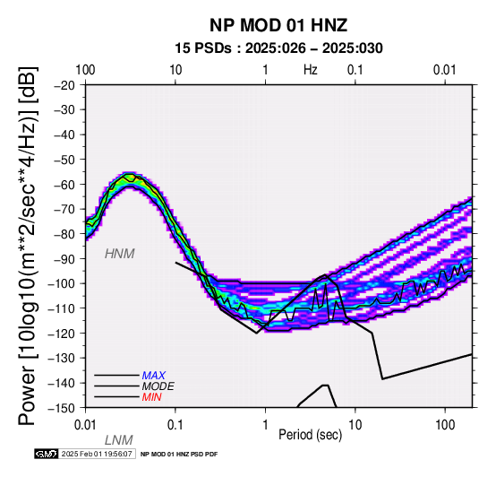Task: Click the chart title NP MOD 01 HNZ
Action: click(x=278, y=25)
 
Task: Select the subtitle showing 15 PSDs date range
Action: click(x=278, y=48)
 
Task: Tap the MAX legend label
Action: click(x=153, y=376)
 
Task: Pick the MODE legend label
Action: click(x=158, y=386)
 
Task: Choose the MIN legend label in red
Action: click(x=151, y=397)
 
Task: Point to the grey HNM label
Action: click(x=120, y=254)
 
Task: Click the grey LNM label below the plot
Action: click(x=118, y=440)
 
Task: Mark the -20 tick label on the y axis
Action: click(x=64, y=85)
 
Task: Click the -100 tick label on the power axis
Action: click(x=62, y=283)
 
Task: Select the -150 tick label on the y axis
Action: click(x=62, y=408)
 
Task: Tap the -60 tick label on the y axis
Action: click(x=64, y=185)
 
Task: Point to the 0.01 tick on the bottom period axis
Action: click(x=85, y=425)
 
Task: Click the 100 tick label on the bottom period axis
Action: click(x=445, y=425)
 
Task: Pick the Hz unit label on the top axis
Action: click(x=311, y=70)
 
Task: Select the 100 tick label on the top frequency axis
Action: click(x=85, y=70)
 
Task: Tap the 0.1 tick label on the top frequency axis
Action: click(x=355, y=70)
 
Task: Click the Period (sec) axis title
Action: click(x=311, y=435)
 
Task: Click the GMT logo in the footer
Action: click(x=47, y=454)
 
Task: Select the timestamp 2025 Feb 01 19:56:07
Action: click(x=97, y=454)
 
